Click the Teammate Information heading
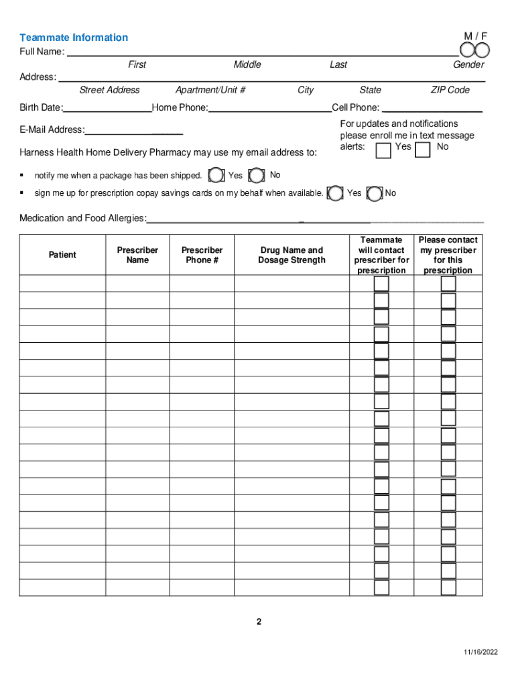pyautogui.click(x=74, y=38)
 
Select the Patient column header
pyautogui.click(x=62, y=255)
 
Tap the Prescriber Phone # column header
pyautogui.click(x=202, y=255)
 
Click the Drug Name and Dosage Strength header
pyautogui.click(x=292, y=255)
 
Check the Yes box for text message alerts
pyautogui.click(x=383, y=151)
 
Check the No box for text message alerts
pyautogui.click(x=423, y=151)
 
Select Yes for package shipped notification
pyautogui.click(x=216, y=176)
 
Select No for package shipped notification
pyautogui.click(x=257, y=176)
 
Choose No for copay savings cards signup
pyautogui.click(x=376, y=193)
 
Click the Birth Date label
pyautogui.click(x=41, y=108)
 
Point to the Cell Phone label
pyautogui.click(x=355, y=108)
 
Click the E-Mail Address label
pyautogui.click(x=52, y=129)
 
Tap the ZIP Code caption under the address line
pyautogui.click(x=450, y=90)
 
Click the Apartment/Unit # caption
pyautogui.click(x=210, y=90)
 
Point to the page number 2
pyautogui.click(x=259, y=622)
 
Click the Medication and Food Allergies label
pyautogui.click(x=82, y=218)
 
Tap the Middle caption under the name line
pyautogui.click(x=247, y=64)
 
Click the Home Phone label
pyautogui.click(x=180, y=108)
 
